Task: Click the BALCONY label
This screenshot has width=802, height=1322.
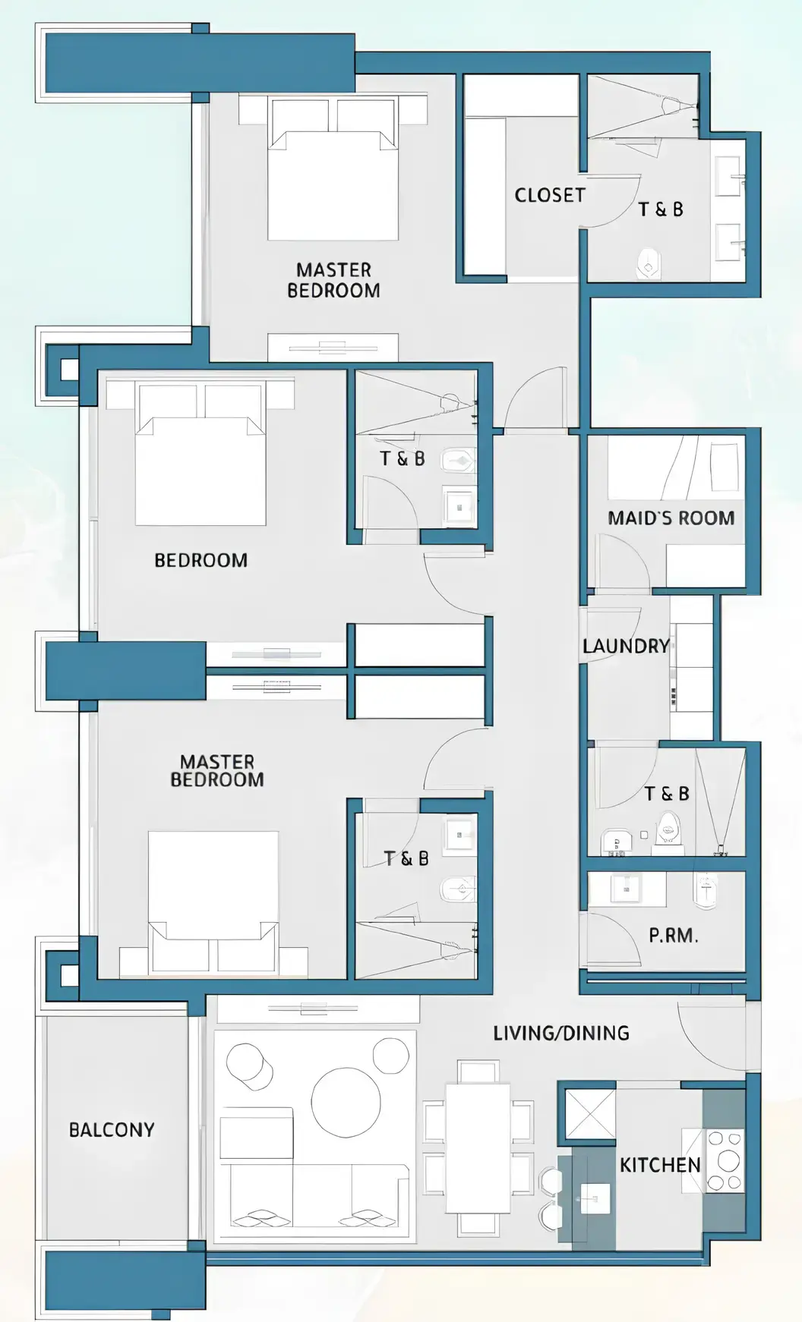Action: coord(112,1130)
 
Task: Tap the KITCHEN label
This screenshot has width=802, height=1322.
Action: coord(659,1165)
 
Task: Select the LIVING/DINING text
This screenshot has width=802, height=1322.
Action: coord(561,1033)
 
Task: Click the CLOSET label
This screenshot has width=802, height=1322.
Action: coord(550,195)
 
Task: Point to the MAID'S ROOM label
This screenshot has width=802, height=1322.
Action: coord(671,518)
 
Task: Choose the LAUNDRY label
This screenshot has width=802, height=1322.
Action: coord(626,646)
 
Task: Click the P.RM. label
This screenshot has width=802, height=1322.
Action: coord(673,936)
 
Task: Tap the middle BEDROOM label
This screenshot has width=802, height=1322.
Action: coord(200,560)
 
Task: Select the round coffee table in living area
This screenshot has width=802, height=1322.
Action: coord(346,1103)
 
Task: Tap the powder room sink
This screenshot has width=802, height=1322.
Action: coord(627,887)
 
